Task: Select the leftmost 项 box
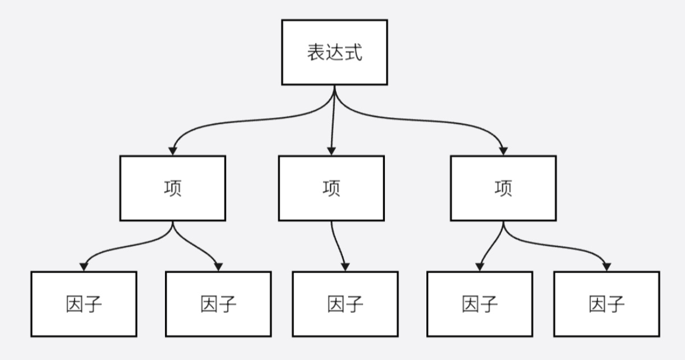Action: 172,188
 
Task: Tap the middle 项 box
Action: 331,188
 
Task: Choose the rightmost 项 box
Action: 503,188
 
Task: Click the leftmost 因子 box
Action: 84,304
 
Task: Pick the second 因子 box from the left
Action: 218,304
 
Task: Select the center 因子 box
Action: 345,304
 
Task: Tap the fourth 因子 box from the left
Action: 480,304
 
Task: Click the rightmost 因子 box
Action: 606,304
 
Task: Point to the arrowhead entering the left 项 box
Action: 173,151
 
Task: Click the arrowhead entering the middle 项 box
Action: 332,151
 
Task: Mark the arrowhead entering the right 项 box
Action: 503,151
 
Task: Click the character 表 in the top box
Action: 315,53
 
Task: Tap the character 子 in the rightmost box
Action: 616,304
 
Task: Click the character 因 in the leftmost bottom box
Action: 74,304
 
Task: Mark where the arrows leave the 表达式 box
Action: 334,86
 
